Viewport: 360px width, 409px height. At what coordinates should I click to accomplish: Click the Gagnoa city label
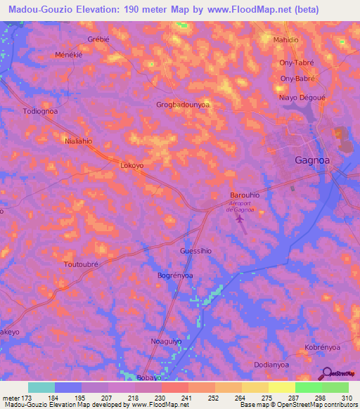point(310,160)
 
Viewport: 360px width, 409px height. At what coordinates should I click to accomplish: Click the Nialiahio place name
point(79,140)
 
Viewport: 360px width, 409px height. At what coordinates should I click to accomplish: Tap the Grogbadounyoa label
point(183,105)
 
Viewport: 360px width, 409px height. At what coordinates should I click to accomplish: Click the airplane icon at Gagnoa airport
point(240,221)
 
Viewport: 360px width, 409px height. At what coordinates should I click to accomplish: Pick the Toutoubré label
point(82,264)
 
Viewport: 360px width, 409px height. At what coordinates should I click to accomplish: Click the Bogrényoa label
point(175,275)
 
